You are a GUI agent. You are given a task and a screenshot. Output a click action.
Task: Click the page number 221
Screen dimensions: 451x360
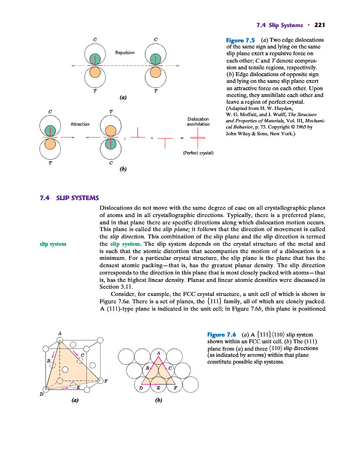[x=321, y=25]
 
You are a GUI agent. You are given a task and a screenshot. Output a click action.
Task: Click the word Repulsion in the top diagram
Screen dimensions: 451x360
[x=125, y=52]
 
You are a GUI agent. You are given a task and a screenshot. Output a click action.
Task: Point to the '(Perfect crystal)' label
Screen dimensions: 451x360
[x=197, y=153]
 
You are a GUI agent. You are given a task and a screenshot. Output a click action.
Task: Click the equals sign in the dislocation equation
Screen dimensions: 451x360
[x=182, y=137]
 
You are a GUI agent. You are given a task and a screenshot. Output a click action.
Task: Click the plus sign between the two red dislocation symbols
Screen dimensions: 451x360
[x=151, y=137]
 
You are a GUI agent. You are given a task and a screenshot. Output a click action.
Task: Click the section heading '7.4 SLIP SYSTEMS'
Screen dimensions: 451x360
[x=69, y=197]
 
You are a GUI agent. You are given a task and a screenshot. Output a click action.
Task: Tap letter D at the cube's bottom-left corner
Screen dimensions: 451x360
[x=41, y=393]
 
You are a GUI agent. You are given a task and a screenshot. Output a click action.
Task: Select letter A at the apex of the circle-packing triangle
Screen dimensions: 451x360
[x=159, y=353]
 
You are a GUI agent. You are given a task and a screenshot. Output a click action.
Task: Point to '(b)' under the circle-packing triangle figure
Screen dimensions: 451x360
[x=159, y=402]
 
